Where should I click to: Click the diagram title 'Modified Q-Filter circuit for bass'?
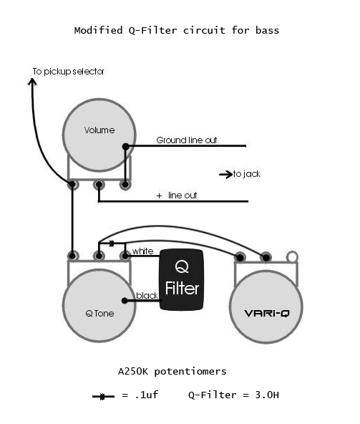[177, 30]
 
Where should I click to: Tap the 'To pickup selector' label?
[68, 72]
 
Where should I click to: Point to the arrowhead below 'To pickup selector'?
[32, 82]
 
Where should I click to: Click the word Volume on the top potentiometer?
[99, 130]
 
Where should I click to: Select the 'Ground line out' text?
[187, 140]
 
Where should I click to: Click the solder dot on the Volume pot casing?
[126, 147]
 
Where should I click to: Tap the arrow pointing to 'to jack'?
[225, 175]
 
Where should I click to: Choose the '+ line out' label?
[177, 196]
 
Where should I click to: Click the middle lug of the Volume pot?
[99, 185]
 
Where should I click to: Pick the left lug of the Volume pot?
[72, 185]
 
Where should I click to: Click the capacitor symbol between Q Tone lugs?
[112, 244]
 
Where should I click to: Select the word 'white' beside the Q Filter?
[142, 251]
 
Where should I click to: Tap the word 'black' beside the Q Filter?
[147, 296]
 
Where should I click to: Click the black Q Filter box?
[182, 279]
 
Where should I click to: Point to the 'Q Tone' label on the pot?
[99, 314]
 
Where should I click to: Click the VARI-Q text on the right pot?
[267, 314]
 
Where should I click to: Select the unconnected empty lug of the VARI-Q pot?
[292, 257]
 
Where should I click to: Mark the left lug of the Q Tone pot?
[72, 256]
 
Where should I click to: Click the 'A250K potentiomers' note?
[172, 371]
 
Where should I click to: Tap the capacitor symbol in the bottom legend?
[103, 397]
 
